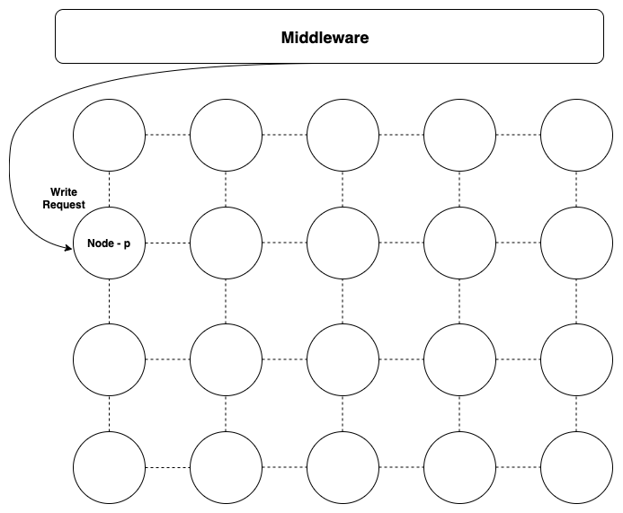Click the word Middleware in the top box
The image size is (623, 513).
(325, 38)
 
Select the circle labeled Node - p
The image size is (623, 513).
(109, 243)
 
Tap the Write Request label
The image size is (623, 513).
(63, 199)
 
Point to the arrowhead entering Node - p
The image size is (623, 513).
(68, 248)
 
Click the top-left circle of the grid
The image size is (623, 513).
(109, 135)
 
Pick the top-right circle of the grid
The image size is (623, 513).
(576, 135)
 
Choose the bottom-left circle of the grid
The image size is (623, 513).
(109, 467)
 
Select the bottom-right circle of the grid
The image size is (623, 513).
(576, 467)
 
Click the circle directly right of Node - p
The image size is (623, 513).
(226, 243)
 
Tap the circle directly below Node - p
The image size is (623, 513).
(109, 359)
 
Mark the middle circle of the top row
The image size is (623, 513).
(343, 135)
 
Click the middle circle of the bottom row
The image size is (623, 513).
(343, 467)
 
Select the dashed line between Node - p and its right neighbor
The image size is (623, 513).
(167, 243)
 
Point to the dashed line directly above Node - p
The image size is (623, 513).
(109, 189)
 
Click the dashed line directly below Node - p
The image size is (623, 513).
(109, 301)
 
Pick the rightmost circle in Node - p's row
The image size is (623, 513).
(576, 243)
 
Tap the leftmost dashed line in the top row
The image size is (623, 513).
(167, 135)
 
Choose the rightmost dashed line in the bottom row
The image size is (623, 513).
(518, 467)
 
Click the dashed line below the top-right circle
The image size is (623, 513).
(576, 189)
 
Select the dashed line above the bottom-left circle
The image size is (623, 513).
(109, 413)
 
